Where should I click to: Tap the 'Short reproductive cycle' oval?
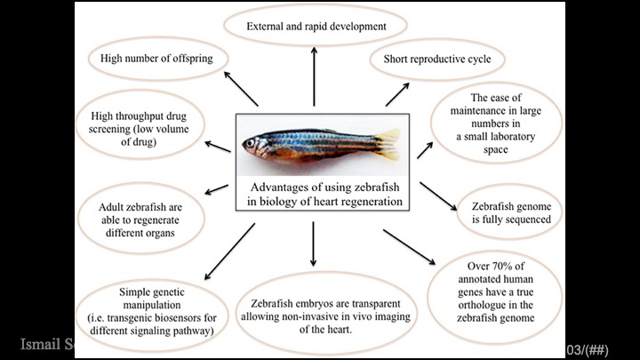[436, 59]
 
